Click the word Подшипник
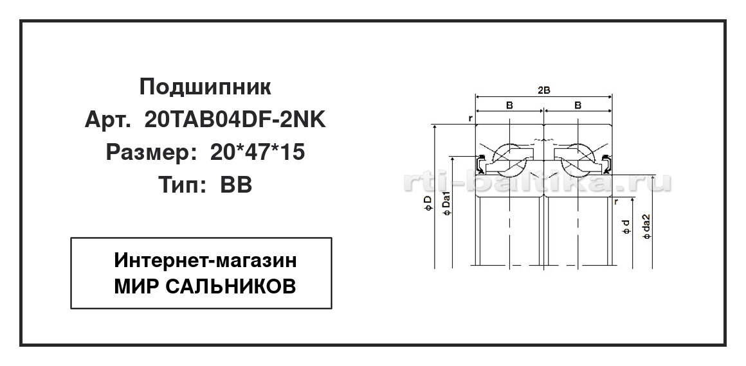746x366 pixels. click(x=205, y=87)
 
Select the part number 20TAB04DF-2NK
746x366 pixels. click(x=235, y=120)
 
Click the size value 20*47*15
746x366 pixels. click(x=257, y=153)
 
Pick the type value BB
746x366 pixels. click(x=236, y=185)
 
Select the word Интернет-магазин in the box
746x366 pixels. click(x=206, y=261)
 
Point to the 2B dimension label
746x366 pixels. click(x=544, y=91)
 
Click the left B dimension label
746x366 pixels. click(x=509, y=105)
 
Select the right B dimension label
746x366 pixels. click(x=578, y=105)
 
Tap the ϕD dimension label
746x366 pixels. click(x=428, y=203)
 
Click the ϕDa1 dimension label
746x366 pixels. click(x=446, y=207)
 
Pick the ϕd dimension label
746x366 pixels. click(x=626, y=228)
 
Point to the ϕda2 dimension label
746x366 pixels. click(x=646, y=226)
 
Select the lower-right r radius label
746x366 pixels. click(x=617, y=202)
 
